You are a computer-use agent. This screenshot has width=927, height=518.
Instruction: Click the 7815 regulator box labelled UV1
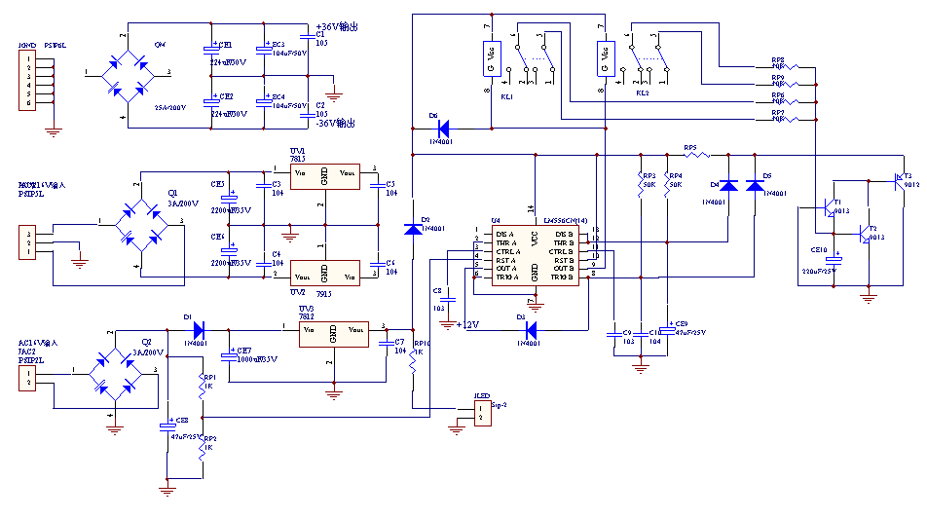tap(324, 178)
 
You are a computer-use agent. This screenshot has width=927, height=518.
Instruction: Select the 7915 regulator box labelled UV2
tap(324, 272)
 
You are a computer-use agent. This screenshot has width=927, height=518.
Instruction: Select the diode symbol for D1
tap(198, 329)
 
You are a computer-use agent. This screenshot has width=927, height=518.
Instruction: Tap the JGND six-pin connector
tap(30, 78)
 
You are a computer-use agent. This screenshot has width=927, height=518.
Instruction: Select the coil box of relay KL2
tap(605, 58)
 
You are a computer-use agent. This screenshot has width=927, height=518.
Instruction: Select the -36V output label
tap(337, 124)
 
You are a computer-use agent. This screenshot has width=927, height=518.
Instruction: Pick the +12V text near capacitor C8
tap(468, 324)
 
